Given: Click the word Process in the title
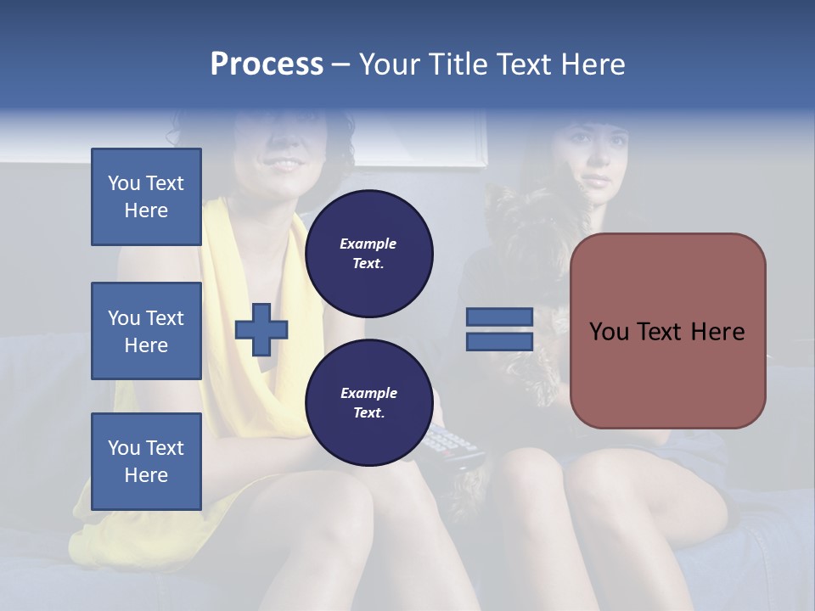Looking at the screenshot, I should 267,64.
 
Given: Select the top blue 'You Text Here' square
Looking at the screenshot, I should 146,197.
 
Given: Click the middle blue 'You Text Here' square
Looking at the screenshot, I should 146,331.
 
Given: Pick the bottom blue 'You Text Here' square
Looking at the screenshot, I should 146,461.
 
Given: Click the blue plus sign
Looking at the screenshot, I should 261,329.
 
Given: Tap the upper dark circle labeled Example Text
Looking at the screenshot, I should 368,254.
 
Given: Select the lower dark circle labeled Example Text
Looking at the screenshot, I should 368,403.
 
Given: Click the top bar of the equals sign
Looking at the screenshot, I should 499,317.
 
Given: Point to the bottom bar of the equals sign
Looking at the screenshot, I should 499,342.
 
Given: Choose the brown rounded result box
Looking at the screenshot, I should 667,331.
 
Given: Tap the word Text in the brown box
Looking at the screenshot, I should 666,331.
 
